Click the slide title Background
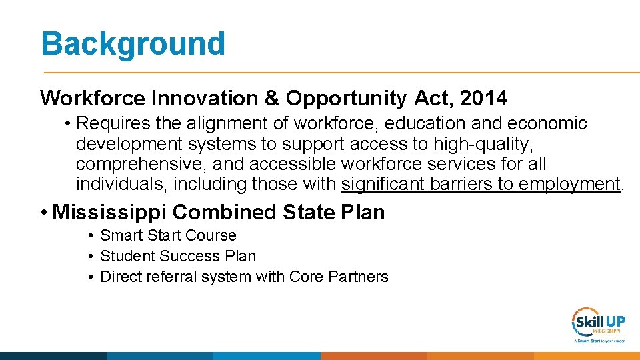(133, 43)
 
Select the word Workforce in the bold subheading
(93, 99)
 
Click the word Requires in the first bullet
(114, 123)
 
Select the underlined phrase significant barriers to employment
(481, 183)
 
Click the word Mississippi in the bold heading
(109, 212)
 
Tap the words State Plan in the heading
(334, 212)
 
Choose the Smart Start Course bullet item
(168, 235)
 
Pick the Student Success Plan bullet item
(177, 256)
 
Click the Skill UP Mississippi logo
(598, 325)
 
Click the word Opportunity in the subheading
(347, 99)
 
